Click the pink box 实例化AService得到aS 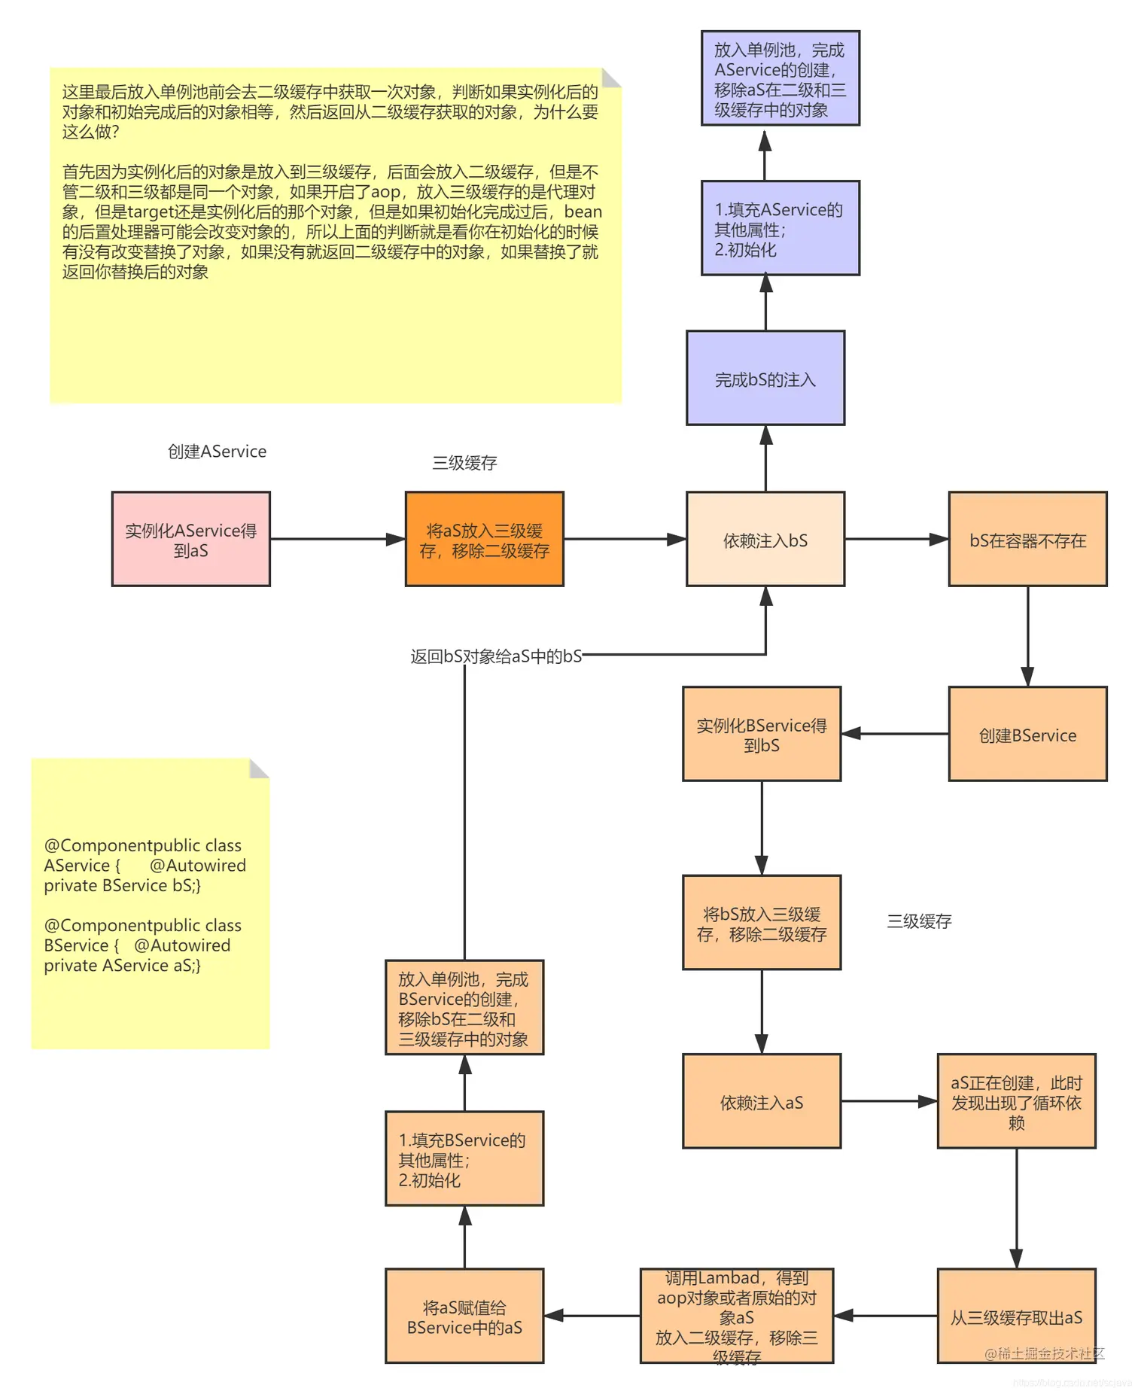pos(190,539)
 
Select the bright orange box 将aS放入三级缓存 pos(484,539)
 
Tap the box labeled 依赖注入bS pos(765,539)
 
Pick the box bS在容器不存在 pos(1027,539)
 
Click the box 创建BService pos(1027,734)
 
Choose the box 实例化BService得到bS pos(761,734)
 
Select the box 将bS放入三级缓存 pos(761,922)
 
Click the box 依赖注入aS pos(761,1101)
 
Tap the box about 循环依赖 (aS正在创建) pos(1015,1101)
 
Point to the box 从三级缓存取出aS pos(1015,1316)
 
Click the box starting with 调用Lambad pos(736,1316)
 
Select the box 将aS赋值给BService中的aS pos(464,1316)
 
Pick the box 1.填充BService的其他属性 pos(464,1158)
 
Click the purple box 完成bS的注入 pos(765,378)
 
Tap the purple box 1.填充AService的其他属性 pos(780,228)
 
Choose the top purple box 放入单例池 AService pos(780,78)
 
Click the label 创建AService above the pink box pos(217,452)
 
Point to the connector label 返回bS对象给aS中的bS pos(496,656)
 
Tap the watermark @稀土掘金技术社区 pos(1044,1353)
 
